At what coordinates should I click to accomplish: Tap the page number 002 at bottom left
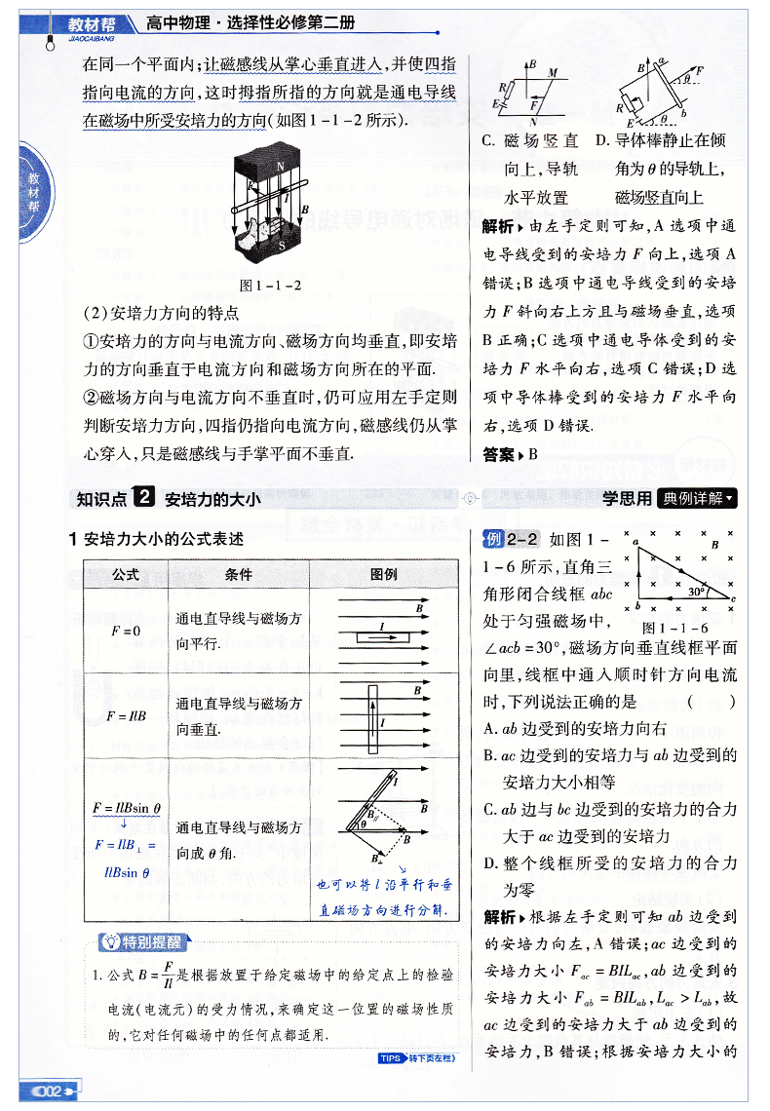48,1090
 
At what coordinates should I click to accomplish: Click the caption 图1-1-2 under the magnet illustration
269,286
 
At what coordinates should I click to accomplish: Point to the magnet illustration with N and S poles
269,206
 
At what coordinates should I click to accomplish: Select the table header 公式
126,574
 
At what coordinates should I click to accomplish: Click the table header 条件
238,574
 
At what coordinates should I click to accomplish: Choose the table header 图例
384,574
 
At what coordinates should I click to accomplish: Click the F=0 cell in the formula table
126,631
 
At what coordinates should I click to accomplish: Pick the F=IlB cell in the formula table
126,715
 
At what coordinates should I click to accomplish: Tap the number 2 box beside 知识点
143,498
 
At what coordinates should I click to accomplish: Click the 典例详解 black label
697,498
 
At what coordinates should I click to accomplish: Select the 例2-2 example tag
512,538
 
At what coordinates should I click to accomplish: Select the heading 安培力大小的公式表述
163,539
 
